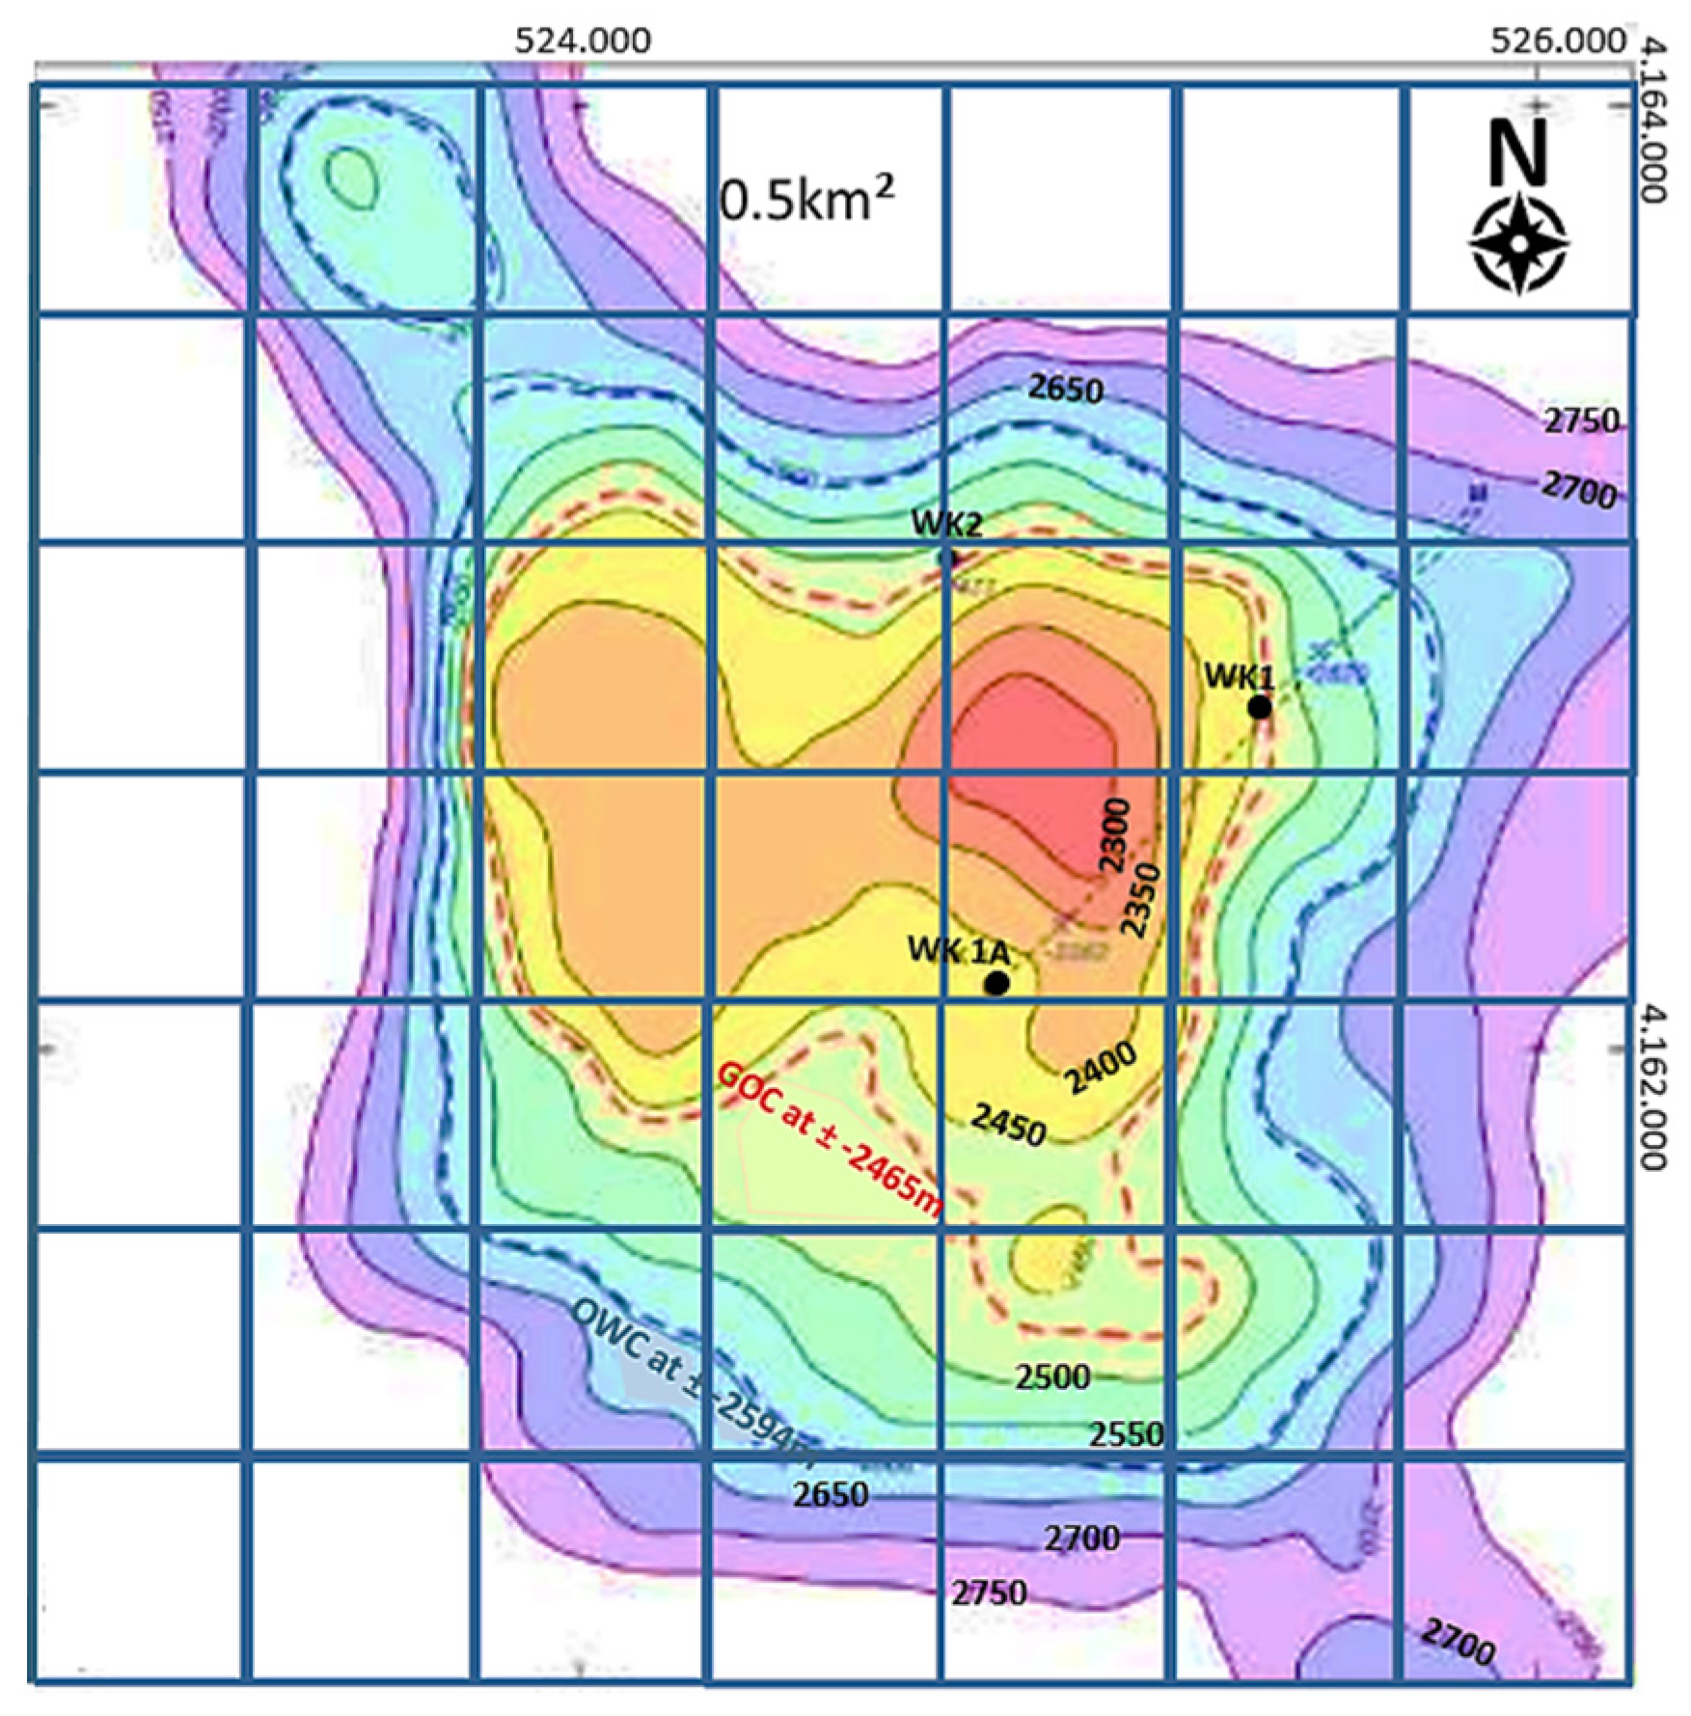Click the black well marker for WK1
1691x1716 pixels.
click(x=1260, y=707)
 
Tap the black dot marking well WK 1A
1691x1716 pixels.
click(x=996, y=984)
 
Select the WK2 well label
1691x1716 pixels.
click(x=946, y=524)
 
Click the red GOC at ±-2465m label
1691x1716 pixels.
click(x=830, y=1142)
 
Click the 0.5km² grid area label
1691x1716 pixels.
click(x=806, y=201)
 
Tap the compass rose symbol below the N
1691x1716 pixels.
click(x=1519, y=243)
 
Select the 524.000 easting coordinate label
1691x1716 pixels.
click(x=583, y=41)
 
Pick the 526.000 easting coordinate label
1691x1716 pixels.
click(x=1557, y=41)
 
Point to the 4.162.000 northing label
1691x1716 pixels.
click(x=1653, y=1087)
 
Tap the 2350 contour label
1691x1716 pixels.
click(x=1138, y=900)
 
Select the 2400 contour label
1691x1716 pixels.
click(x=1101, y=1068)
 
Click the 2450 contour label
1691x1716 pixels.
click(x=1008, y=1125)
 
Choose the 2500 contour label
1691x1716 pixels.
click(x=1052, y=1376)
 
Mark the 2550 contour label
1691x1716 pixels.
click(x=1126, y=1434)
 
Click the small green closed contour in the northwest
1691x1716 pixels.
click(x=351, y=178)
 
